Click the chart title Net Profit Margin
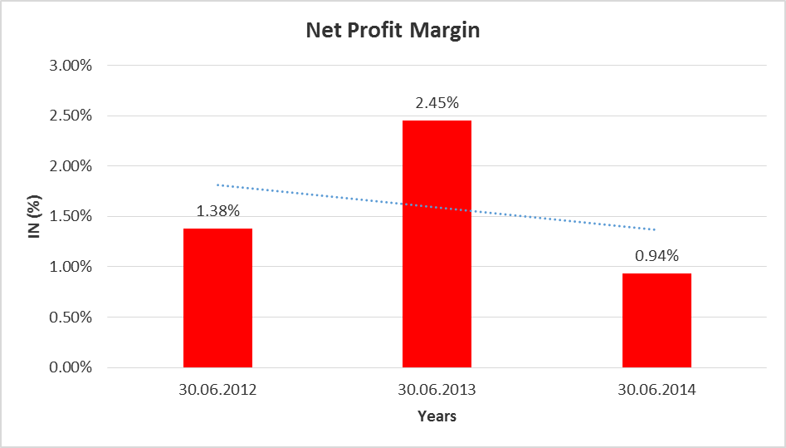click(393, 31)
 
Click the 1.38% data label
click(217, 211)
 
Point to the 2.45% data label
click(437, 103)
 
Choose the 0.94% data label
click(657, 256)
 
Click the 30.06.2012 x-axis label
click(217, 389)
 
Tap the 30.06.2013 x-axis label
click(437, 389)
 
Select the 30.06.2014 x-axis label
click(657, 389)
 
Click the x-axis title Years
click(437, 416)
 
